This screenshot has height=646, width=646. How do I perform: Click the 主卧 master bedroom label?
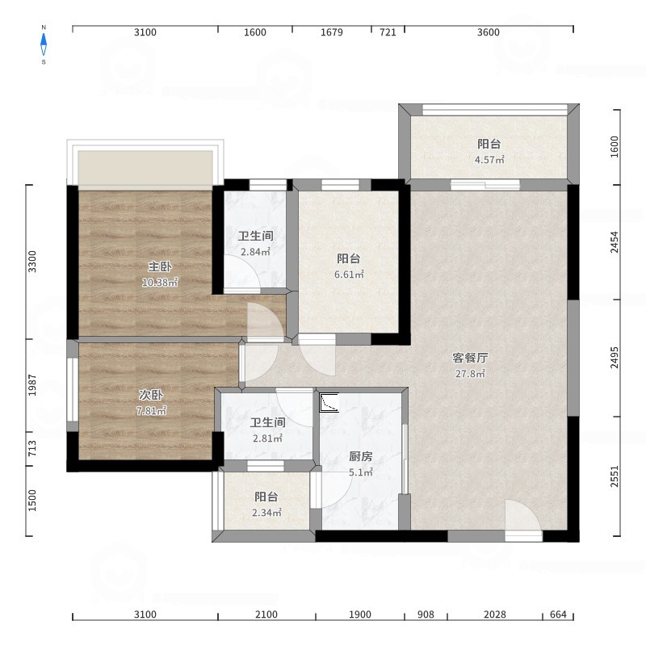coord(160,266)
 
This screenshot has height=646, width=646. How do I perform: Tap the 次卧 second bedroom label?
coord(151,395)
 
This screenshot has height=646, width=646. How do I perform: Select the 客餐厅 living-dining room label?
coord(470,358)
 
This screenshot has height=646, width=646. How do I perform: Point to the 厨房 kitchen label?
coord(361,456)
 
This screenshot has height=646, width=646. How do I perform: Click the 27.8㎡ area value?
coord(470,374)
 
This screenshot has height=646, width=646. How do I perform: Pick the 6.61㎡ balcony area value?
coord(349,275)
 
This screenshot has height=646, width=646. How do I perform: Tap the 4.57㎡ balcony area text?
coord(489,160)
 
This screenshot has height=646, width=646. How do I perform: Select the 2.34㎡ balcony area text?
coord(266,513)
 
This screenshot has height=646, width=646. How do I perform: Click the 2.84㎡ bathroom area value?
coord(255,252)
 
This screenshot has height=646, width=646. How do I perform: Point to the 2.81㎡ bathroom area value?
coord(267,438)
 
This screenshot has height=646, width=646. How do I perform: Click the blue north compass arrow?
coord(44,44)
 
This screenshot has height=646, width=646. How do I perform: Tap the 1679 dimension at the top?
coord(332,32)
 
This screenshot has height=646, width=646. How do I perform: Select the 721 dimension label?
coord(388,32)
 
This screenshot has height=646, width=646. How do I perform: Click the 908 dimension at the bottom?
coord(426,615)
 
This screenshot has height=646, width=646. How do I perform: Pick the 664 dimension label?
coord(558,615)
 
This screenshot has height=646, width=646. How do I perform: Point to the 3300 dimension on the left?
coord(32,262)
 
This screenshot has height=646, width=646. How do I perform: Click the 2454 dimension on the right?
coord(615,242)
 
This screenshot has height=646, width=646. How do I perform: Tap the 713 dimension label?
coord(32,448)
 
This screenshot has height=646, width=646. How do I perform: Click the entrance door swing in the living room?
coord(522,518)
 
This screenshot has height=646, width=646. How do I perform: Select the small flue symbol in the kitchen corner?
coord(329,402)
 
